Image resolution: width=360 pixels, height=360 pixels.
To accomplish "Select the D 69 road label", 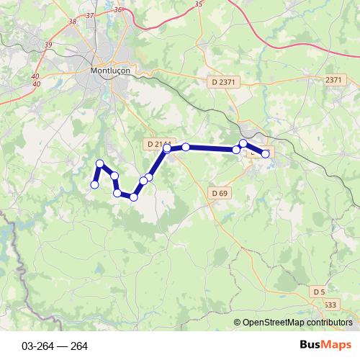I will click(220, 193).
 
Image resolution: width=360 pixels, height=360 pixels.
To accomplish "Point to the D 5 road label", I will click(319, 291).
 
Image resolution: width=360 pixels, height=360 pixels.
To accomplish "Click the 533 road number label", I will click(329, 305).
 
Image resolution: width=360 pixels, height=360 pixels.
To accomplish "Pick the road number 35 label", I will click(199, 4).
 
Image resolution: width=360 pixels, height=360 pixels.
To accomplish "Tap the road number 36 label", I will click(117, 10).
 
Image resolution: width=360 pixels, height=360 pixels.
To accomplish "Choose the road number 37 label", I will click(89, 14).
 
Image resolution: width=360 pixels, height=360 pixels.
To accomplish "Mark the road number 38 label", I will click(71, 22).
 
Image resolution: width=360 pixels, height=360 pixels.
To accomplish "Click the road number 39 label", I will click(48, 45).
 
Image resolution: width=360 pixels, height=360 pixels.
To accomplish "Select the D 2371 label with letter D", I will click(224, 82).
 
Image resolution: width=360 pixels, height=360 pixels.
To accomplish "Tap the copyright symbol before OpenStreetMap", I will click(237, 322).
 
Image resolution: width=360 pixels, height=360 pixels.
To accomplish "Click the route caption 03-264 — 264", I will click(55, 346).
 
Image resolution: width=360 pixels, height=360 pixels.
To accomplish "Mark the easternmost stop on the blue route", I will click(265, 153).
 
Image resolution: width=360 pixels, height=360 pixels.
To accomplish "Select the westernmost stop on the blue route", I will click(94, 185).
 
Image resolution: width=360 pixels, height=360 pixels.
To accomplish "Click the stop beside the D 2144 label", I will click(167, 148).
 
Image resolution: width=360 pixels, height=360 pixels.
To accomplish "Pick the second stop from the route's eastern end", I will click(243, 144).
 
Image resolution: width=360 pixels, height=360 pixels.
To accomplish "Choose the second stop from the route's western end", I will click(100, 164).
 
